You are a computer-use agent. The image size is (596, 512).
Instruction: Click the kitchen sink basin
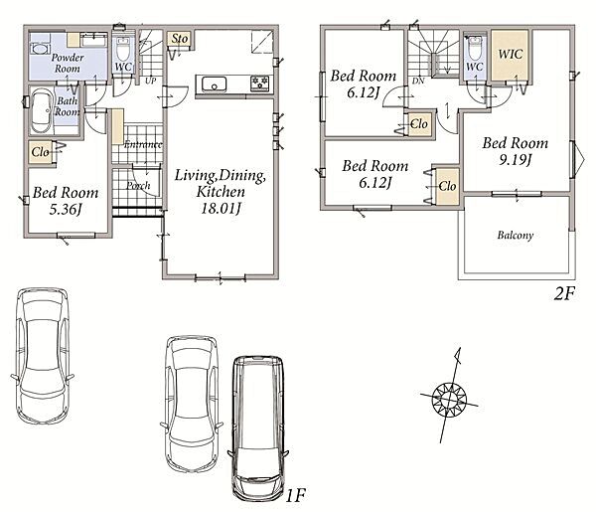(214, 85)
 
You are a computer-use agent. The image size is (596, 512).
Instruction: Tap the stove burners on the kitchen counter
(260, 84)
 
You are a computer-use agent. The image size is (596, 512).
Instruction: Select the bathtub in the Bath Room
(41, 110)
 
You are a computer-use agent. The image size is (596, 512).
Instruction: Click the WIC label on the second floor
(511, 54)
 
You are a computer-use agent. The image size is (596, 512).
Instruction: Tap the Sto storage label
(179, 39)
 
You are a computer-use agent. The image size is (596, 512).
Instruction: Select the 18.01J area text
(221, 209)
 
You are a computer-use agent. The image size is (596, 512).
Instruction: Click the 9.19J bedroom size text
(516, 160)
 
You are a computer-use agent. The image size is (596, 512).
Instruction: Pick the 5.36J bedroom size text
(66, 209)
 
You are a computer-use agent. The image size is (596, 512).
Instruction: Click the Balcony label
(515, 235)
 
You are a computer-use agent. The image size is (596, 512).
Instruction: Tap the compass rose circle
(449, 400)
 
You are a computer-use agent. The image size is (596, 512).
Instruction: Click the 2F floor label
(564, 293)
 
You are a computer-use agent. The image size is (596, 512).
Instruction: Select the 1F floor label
(295, 495)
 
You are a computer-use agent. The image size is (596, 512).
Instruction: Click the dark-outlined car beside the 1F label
(258, 428)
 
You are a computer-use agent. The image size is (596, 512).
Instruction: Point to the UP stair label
(151, 81)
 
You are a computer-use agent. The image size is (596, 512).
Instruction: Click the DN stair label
(418, 81)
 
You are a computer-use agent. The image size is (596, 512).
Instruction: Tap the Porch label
(138, 186)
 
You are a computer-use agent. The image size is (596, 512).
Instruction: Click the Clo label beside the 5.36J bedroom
(41, 152)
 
